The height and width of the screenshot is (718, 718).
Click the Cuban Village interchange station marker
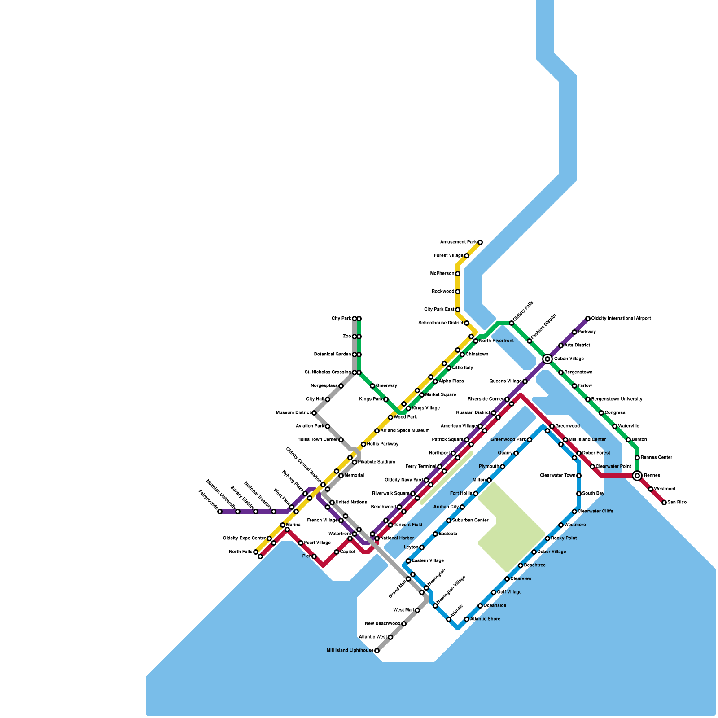[547, 359]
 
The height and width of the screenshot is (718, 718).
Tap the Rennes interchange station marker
[637, 475]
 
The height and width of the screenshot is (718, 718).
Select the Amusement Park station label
[458, 242]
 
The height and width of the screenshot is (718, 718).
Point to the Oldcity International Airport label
[621, 319]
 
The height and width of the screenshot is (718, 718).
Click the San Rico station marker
[664, 503]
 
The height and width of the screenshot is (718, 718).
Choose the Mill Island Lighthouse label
[350, 651]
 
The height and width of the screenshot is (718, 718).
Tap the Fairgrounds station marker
[220, 512]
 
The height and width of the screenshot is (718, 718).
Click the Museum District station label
[293, 413]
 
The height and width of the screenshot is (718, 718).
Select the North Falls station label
[241, 552]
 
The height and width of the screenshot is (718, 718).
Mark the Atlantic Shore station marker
[467, 619]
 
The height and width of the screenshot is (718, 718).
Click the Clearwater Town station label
[557, 476]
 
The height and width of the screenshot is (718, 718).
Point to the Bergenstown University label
[617, 399]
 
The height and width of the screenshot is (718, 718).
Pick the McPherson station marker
[458, 274]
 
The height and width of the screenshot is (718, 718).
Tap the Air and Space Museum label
[405, 431]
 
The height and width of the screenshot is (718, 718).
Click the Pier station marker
[314, 556]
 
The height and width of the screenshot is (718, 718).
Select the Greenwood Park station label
[508, 440]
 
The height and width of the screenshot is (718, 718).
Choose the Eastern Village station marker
[408, 561]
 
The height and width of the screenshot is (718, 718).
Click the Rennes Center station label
[656, 458]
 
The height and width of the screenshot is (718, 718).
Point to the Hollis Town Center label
[317, 440]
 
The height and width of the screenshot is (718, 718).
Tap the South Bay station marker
[579, 494]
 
